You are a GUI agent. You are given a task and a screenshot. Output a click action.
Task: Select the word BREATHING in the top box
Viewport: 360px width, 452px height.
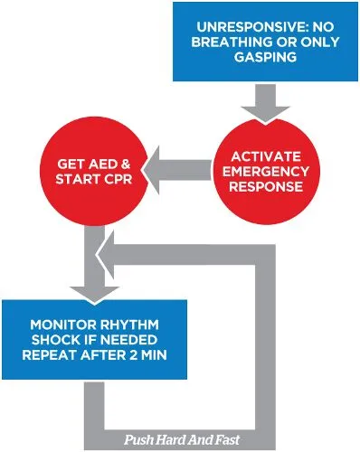tap(238, 44)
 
